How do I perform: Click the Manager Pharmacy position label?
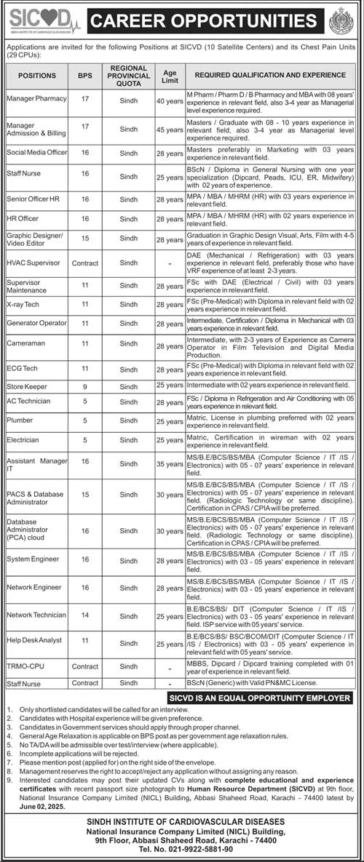click(36, 97)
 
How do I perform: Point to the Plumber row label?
click(19, 420)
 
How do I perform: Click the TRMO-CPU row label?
click(25, 666)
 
